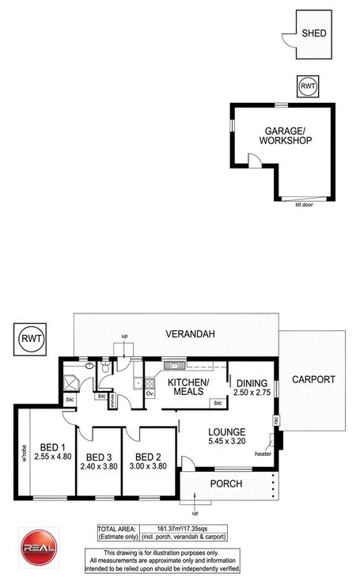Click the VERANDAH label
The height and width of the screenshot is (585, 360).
(x=190, y=334)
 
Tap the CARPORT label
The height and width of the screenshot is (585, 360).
(x=314, y=379)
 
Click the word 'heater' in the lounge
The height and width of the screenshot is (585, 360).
(x=263, y=454)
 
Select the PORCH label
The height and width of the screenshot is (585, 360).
(x=226, y=484)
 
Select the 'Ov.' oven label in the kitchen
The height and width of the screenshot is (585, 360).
(x=150, y=393)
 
